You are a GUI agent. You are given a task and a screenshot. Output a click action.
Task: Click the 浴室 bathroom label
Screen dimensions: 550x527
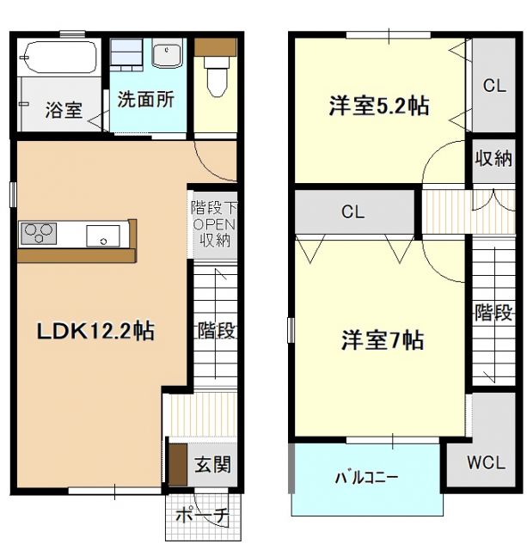(x=64, y=110)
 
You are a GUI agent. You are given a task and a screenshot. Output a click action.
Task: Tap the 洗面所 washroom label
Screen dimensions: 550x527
(x=146, y=99)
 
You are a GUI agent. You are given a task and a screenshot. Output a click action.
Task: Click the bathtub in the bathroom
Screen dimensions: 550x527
(x=59, y=58)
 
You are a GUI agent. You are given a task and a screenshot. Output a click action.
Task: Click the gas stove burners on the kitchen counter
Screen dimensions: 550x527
(x=38, y=232)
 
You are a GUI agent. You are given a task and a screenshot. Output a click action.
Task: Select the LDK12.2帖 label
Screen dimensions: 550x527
(x=95, y=332)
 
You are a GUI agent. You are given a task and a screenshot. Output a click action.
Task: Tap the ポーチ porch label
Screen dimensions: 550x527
(x=202, y=516)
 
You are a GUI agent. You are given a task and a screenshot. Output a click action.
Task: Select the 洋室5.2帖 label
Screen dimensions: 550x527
(x=379, y=107)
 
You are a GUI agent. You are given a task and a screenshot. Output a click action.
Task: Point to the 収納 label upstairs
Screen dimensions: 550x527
(x=493, y=159)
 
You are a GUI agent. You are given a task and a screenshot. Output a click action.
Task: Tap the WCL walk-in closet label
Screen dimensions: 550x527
(x=486, y=462)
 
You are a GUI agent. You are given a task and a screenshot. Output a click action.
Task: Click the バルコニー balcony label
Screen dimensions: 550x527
(x=366, y=477)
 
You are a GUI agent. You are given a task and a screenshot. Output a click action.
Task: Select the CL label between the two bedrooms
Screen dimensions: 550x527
(x=352, y=211)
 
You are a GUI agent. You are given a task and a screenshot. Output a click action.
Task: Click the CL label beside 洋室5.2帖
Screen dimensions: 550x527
(x=493, y=85)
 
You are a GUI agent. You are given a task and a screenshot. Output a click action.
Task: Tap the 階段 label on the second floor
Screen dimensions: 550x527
(x=493, y=313)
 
